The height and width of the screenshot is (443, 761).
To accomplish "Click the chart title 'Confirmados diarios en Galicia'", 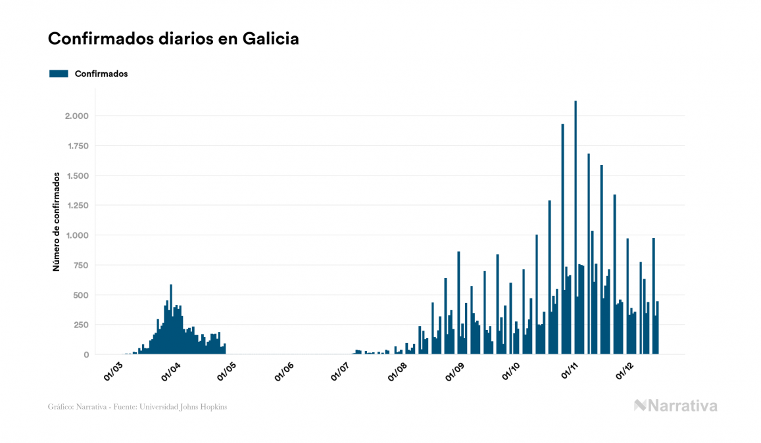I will point(174,39).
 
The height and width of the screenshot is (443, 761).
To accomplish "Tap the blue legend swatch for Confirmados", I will point(59,74).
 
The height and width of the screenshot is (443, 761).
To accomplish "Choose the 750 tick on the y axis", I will point(81,265).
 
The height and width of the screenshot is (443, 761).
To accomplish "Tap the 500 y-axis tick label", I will point(81,295).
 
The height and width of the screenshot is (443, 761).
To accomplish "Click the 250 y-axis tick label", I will point(81,325).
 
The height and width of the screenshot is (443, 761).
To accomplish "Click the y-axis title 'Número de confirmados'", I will point(57,221).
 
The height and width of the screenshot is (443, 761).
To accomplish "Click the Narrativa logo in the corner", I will point(675,406).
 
